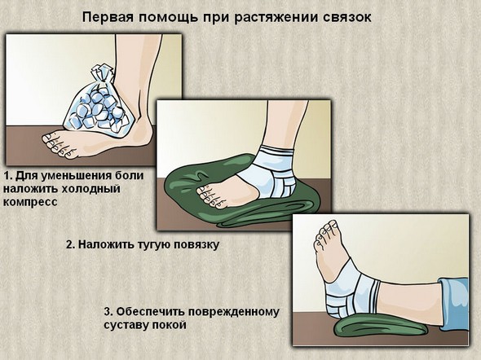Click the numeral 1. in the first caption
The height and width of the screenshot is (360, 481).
point(9,175)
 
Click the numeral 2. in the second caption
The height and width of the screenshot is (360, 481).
point(71,244)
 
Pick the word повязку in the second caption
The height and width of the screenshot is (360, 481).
point(194,244)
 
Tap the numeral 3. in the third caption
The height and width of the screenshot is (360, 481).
point(108,310)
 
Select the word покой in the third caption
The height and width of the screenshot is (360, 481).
point(170,323)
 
